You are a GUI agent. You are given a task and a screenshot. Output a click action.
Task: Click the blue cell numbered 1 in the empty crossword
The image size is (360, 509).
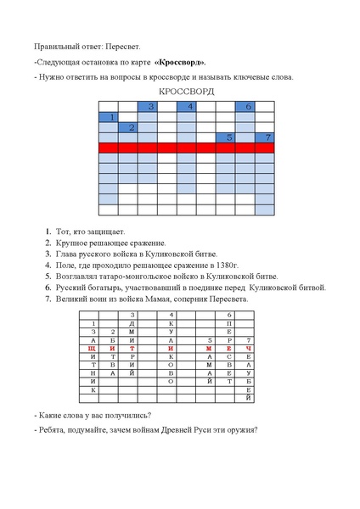coord(108,117)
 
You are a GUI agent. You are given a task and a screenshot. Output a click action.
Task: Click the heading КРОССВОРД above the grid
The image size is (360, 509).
coord(186,91)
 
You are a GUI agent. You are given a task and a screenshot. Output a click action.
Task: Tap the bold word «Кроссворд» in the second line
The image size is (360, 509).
coord(179,62)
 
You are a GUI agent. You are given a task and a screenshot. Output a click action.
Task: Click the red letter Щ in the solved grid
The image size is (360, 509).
coord(87,348)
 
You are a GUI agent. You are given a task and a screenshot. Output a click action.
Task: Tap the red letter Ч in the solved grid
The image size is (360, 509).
coord(248,348)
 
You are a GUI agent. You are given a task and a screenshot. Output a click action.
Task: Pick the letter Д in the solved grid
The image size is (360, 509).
coord(132,324)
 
